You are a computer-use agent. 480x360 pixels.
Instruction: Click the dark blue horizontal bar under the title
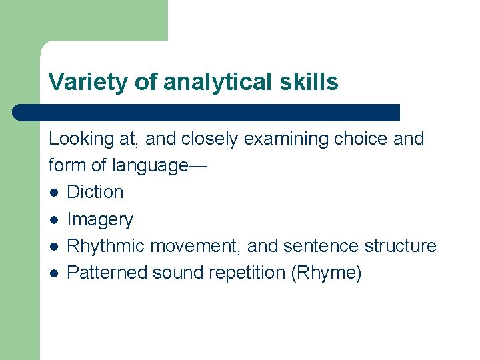click(207, 112)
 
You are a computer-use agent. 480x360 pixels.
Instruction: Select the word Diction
click(95, 192)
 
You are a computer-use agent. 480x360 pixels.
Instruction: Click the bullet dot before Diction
click(53, 193)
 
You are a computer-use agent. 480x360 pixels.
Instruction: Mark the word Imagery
click(100, 219)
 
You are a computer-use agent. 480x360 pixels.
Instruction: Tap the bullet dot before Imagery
click(53, 220)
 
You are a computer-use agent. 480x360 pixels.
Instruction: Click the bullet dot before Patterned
click(53, 273)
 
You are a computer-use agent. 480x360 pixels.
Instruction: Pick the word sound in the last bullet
click(177, 273)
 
